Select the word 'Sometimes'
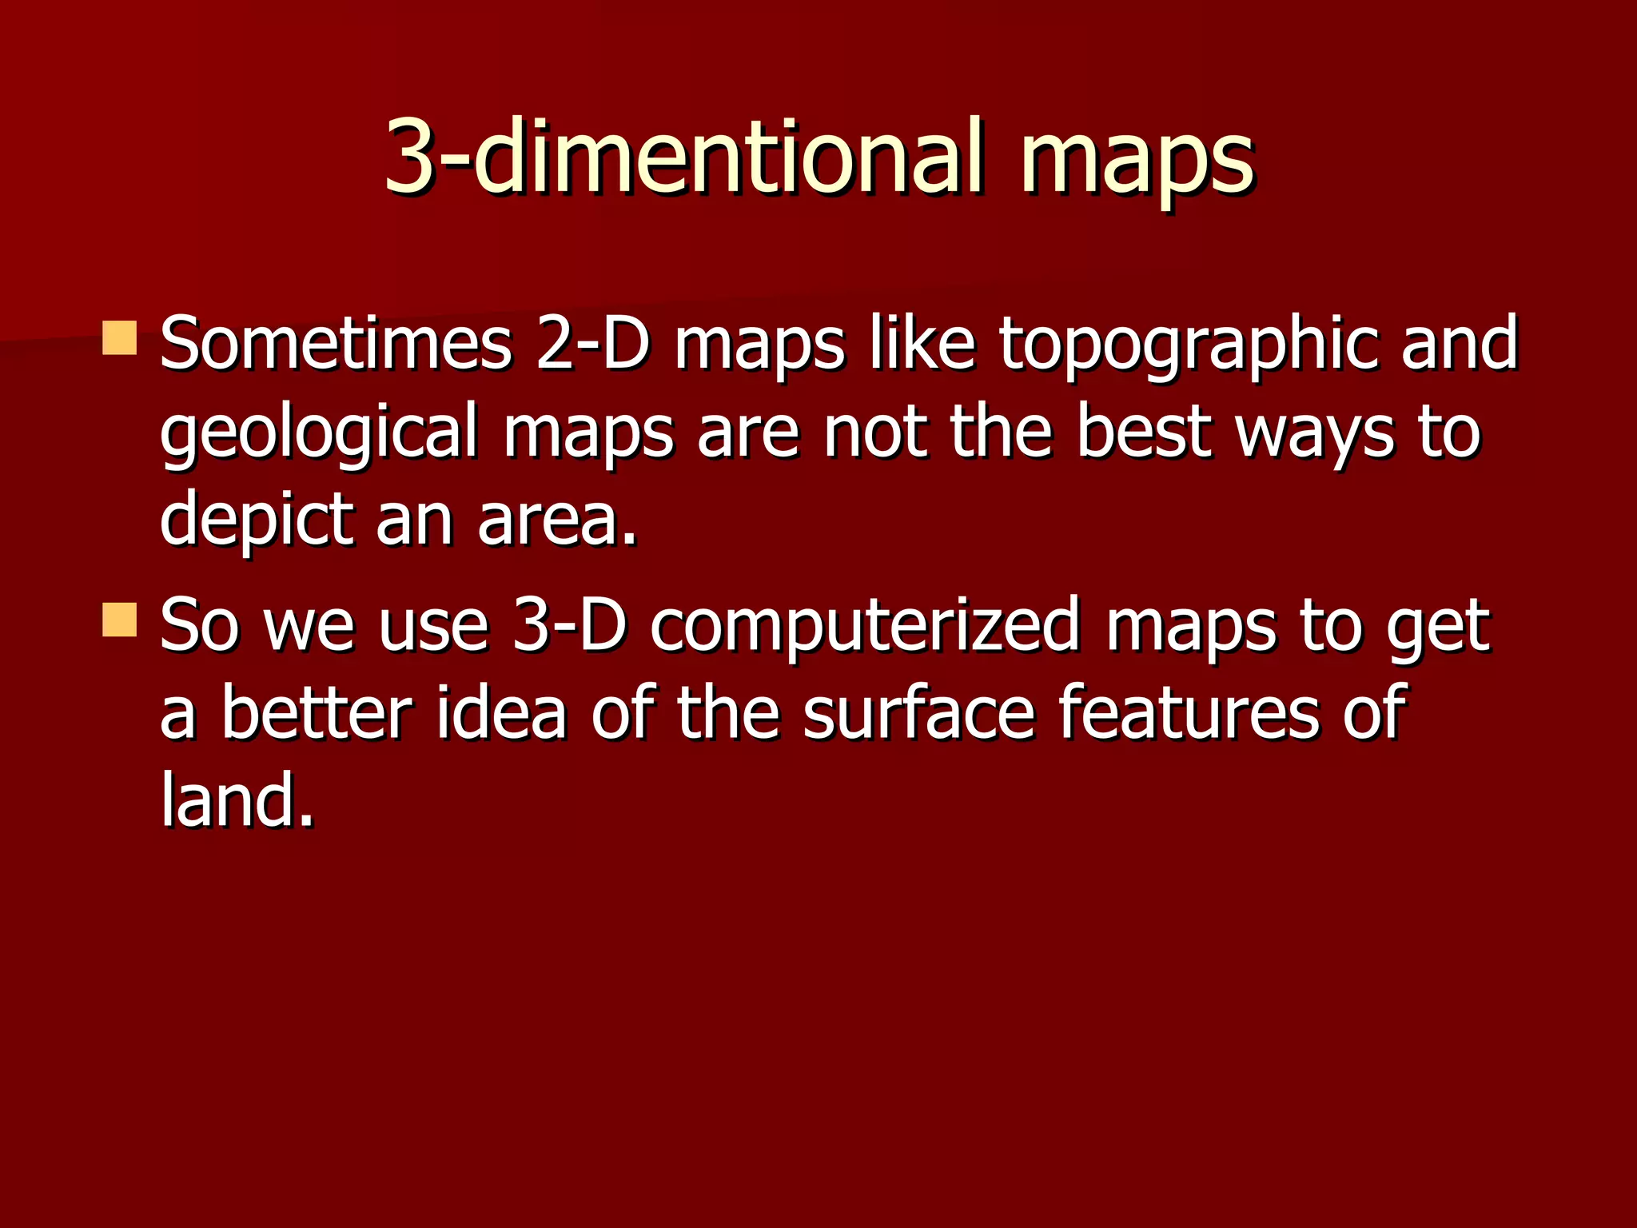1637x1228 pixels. (336, 344)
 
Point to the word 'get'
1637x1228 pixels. (1438, 632)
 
